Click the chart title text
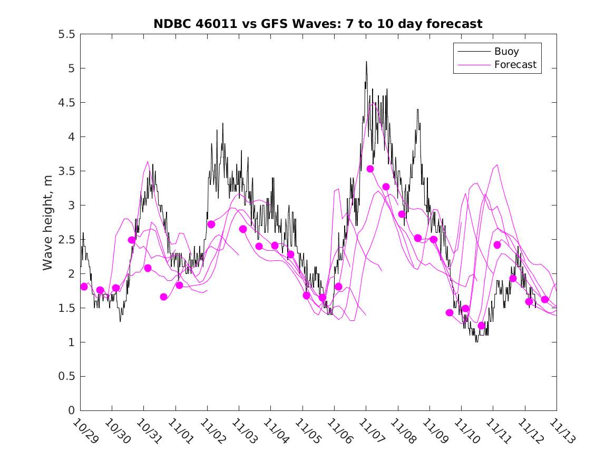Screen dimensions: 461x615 pyautogui.click(x=318, y=24)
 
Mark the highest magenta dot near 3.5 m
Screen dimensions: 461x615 pyautogui.click(x=370, y=169)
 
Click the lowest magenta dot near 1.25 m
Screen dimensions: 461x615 pyautogui.click(x=481, y=326)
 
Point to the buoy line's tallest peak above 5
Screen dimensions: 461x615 pyautogui.click(x=366, y=62)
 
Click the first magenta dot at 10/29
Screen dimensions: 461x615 pyautogui.click(x=84, y=287)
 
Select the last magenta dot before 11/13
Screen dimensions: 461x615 pyautogui.click(x=545, y=299)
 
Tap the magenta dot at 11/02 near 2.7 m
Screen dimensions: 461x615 pyautogui.click(x=211, y=224)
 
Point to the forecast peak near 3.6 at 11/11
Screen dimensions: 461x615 pyautogui.click(x=496, y=165)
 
